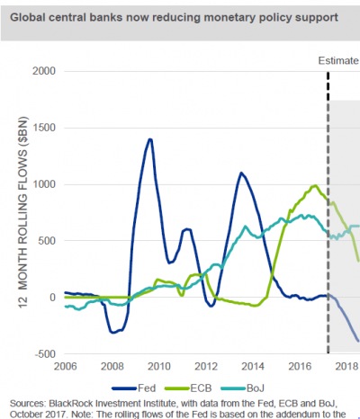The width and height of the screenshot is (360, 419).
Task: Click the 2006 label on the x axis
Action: [65, 368]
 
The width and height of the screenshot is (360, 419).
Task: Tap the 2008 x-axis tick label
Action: [112, 368]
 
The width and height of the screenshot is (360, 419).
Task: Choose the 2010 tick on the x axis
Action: [159, 368]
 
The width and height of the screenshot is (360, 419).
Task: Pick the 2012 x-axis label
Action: [207, 368]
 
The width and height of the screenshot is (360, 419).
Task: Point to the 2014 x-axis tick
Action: [254, 368]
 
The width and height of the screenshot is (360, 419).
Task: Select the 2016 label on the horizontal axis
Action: [301, 368]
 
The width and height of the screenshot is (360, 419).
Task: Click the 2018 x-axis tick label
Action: [346, 368]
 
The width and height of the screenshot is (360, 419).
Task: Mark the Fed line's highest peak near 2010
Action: [148, 139]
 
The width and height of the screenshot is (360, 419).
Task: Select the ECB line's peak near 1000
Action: [314, 186]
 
